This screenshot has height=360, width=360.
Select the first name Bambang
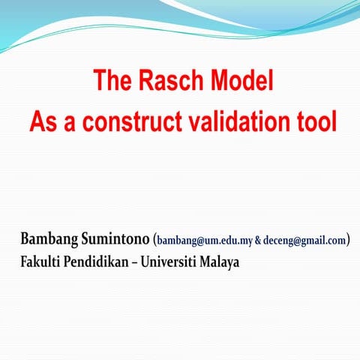[47, 241]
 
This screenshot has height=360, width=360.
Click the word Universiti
[170, 263]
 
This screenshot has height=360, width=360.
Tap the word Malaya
[220, 264]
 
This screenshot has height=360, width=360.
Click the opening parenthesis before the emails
[154, 241]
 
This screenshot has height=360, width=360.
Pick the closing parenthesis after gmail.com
[349, 241]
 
